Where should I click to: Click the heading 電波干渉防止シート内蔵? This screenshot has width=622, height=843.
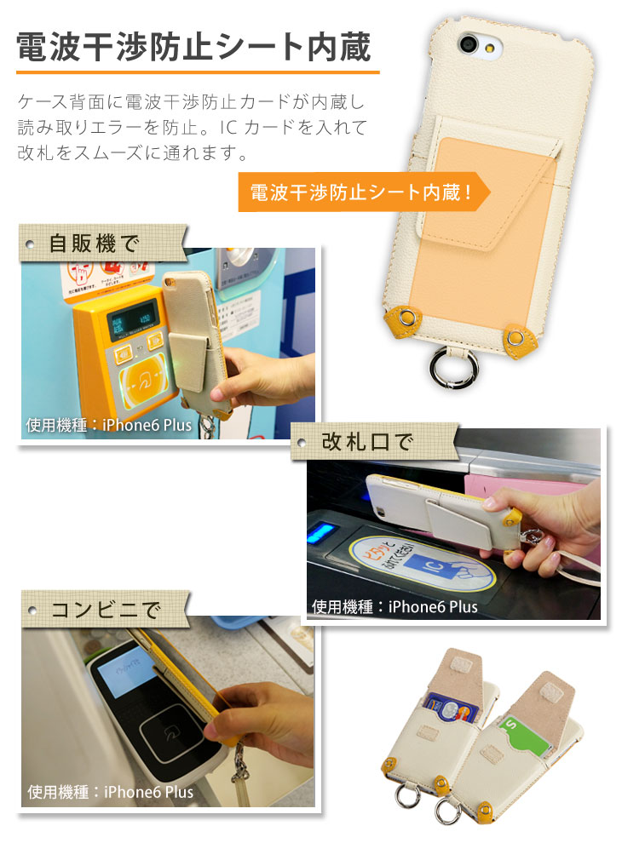[195, 48]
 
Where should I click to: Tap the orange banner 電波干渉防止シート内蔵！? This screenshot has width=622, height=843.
[362, 193]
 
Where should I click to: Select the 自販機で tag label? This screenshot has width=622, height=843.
[95, 244]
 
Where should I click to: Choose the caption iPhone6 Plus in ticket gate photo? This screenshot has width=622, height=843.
[395, 606]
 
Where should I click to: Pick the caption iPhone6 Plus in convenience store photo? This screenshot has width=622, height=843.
[110, 792]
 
